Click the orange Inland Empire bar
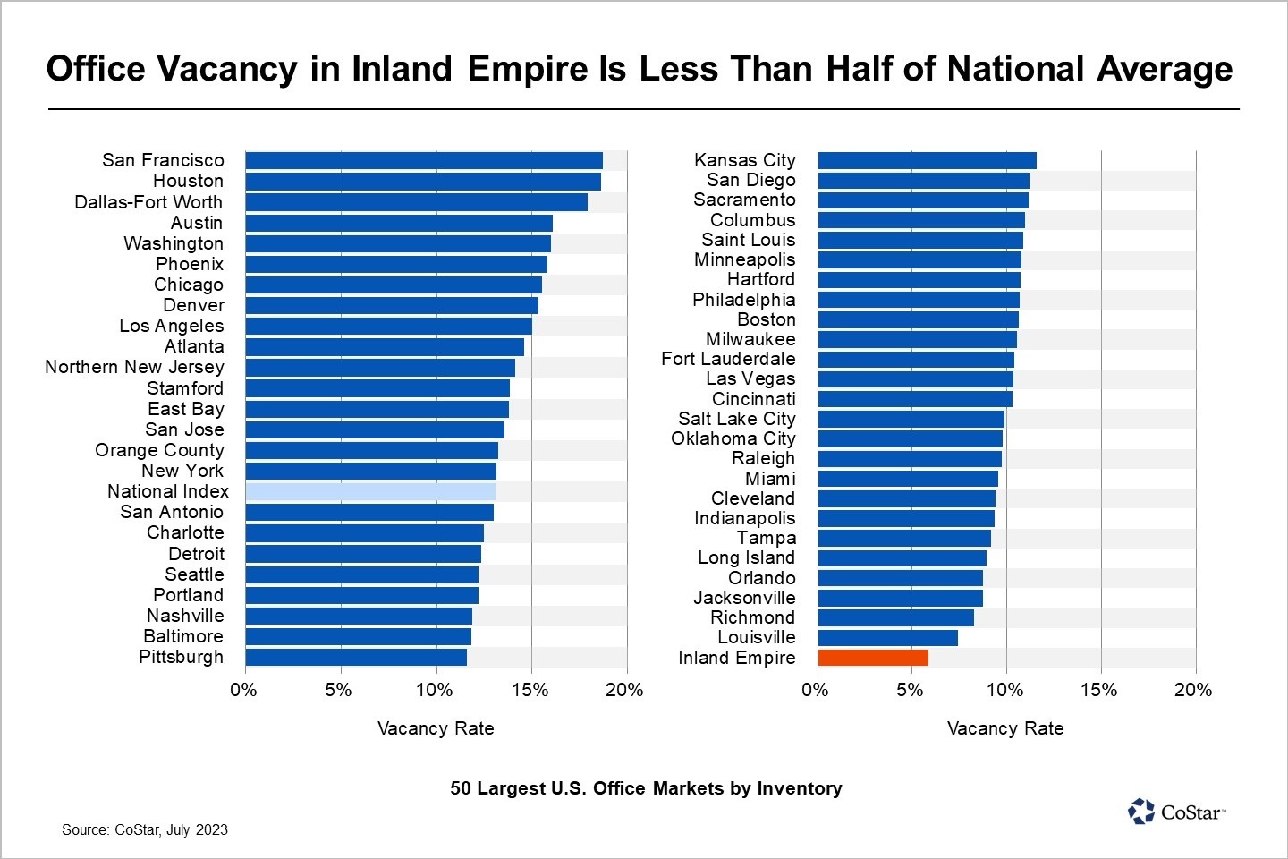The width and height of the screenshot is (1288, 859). click(x=873, y=658)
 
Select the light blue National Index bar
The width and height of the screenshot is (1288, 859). click(x=370, y=491)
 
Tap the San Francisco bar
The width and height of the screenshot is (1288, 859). click(x=424, y=160)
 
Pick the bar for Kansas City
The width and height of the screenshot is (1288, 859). click(x=927, y=160)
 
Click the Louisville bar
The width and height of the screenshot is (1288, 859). click(x=887, y=638)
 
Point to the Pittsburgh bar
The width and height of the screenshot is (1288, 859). click(x=356, y=658)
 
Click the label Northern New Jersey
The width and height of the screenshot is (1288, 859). click(x=135, y=367)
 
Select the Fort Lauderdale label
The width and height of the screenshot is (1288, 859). click(x=728, y=359)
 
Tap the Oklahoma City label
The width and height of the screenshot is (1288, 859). click(x=733, y=438)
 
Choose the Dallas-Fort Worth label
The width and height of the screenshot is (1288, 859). click(x=148, y=202)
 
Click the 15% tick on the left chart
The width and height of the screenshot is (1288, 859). click(x=530, y=690)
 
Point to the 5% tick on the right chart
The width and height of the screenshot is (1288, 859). click(x=910, y=690)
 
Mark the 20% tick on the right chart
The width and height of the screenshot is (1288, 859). click(x=1192, y=690)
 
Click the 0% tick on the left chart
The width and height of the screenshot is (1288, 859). click(x=244, y=690)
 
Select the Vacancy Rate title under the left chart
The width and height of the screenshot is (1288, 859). click(x=436, y=728)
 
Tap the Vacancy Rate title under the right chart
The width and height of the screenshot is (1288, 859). click(x=1005, y=728)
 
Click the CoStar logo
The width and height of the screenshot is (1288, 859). click(x=1175, y=812)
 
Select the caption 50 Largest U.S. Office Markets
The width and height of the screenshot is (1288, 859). click(x=646, y=788)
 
